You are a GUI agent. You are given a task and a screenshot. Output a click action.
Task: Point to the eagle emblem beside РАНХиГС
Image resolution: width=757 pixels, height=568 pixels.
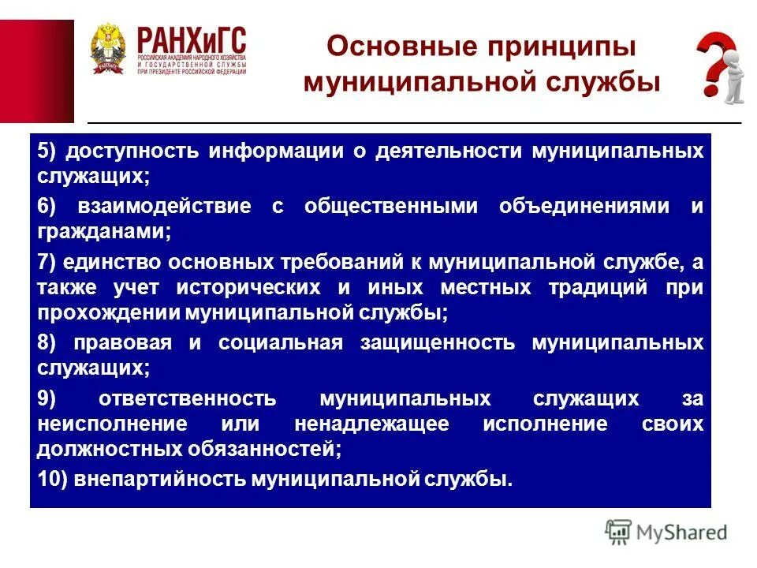pyautogui.click(x=106, y=49)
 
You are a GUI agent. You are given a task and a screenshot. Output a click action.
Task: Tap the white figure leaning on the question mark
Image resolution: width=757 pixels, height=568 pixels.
pyautogui.click(x=733, y=80)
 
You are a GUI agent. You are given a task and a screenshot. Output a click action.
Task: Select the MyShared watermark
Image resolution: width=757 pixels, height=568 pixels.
pyautogui.click(x=666, y=532)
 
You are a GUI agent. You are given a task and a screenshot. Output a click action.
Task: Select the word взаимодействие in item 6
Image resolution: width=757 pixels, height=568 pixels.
pyautogui.click(x=165, y=207)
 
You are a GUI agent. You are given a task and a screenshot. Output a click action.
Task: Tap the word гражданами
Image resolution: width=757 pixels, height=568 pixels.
pyautogui.click(x=103, y=233)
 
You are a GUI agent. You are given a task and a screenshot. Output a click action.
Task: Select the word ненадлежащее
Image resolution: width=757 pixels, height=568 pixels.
pyautogui.click(x=371, y=424)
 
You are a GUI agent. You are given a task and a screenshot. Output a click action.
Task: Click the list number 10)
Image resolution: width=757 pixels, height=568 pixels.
pyautogui.click(x=52, y=479)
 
